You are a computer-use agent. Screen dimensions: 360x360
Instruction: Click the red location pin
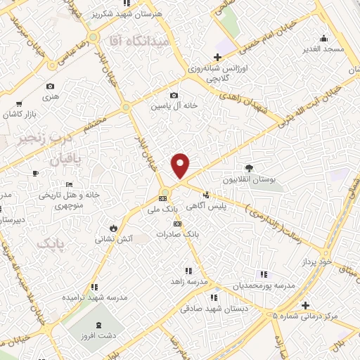click(181, 165)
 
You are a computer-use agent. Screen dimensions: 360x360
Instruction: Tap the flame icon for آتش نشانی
click(114, 228)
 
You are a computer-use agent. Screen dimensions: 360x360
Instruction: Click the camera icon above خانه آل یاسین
click(174, 96)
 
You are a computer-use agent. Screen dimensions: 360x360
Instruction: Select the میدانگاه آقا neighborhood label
click(140, 41)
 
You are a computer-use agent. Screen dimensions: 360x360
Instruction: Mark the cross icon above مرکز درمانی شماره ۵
click(305, 305)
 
